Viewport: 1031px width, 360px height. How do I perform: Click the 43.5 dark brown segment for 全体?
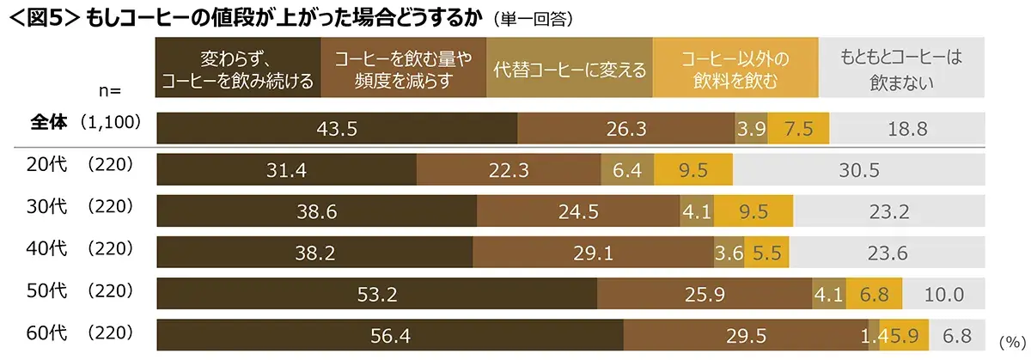337,128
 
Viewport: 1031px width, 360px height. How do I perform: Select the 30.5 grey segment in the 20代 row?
858,170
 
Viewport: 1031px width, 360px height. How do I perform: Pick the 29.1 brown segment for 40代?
593,253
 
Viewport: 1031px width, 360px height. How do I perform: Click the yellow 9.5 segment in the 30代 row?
747,211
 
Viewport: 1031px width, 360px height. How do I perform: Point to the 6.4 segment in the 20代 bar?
627,170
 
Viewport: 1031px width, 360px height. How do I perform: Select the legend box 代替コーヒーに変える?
570,70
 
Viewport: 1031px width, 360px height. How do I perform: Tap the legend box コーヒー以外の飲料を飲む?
735,70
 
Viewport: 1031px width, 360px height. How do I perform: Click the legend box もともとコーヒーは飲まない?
900,70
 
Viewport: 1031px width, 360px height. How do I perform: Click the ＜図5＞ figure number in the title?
42,17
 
